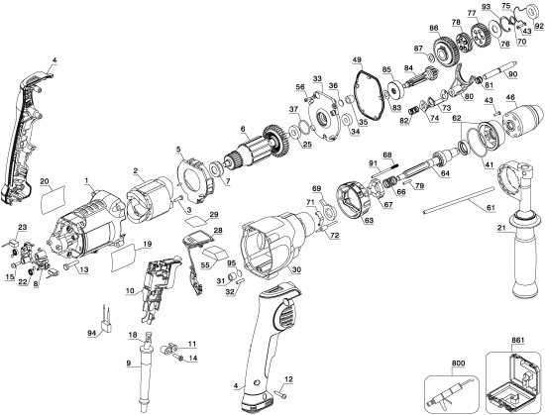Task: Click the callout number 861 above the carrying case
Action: (510, 339)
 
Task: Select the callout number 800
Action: (458, 363)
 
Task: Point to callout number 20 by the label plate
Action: (44, 181)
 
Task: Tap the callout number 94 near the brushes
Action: (93, 335)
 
